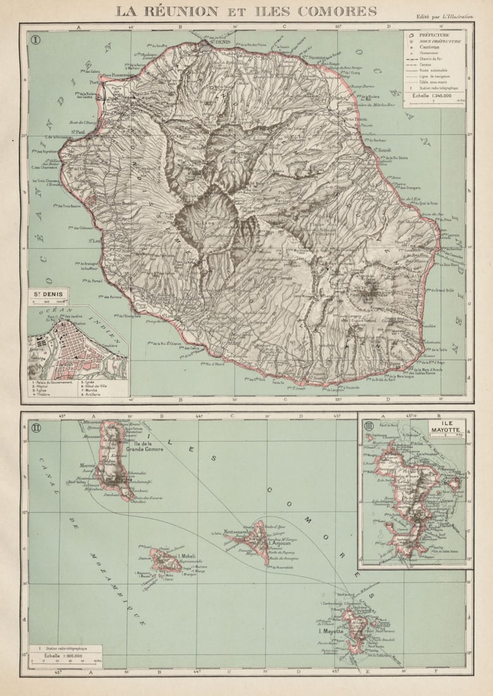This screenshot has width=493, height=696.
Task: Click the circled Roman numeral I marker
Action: point(35,39)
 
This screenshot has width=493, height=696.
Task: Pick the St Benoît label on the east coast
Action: point(382,150)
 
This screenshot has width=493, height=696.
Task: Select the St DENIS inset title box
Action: point(48,295)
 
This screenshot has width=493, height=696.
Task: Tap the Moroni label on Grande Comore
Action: point(87,465)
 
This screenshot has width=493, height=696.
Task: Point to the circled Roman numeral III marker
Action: point(368,425)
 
